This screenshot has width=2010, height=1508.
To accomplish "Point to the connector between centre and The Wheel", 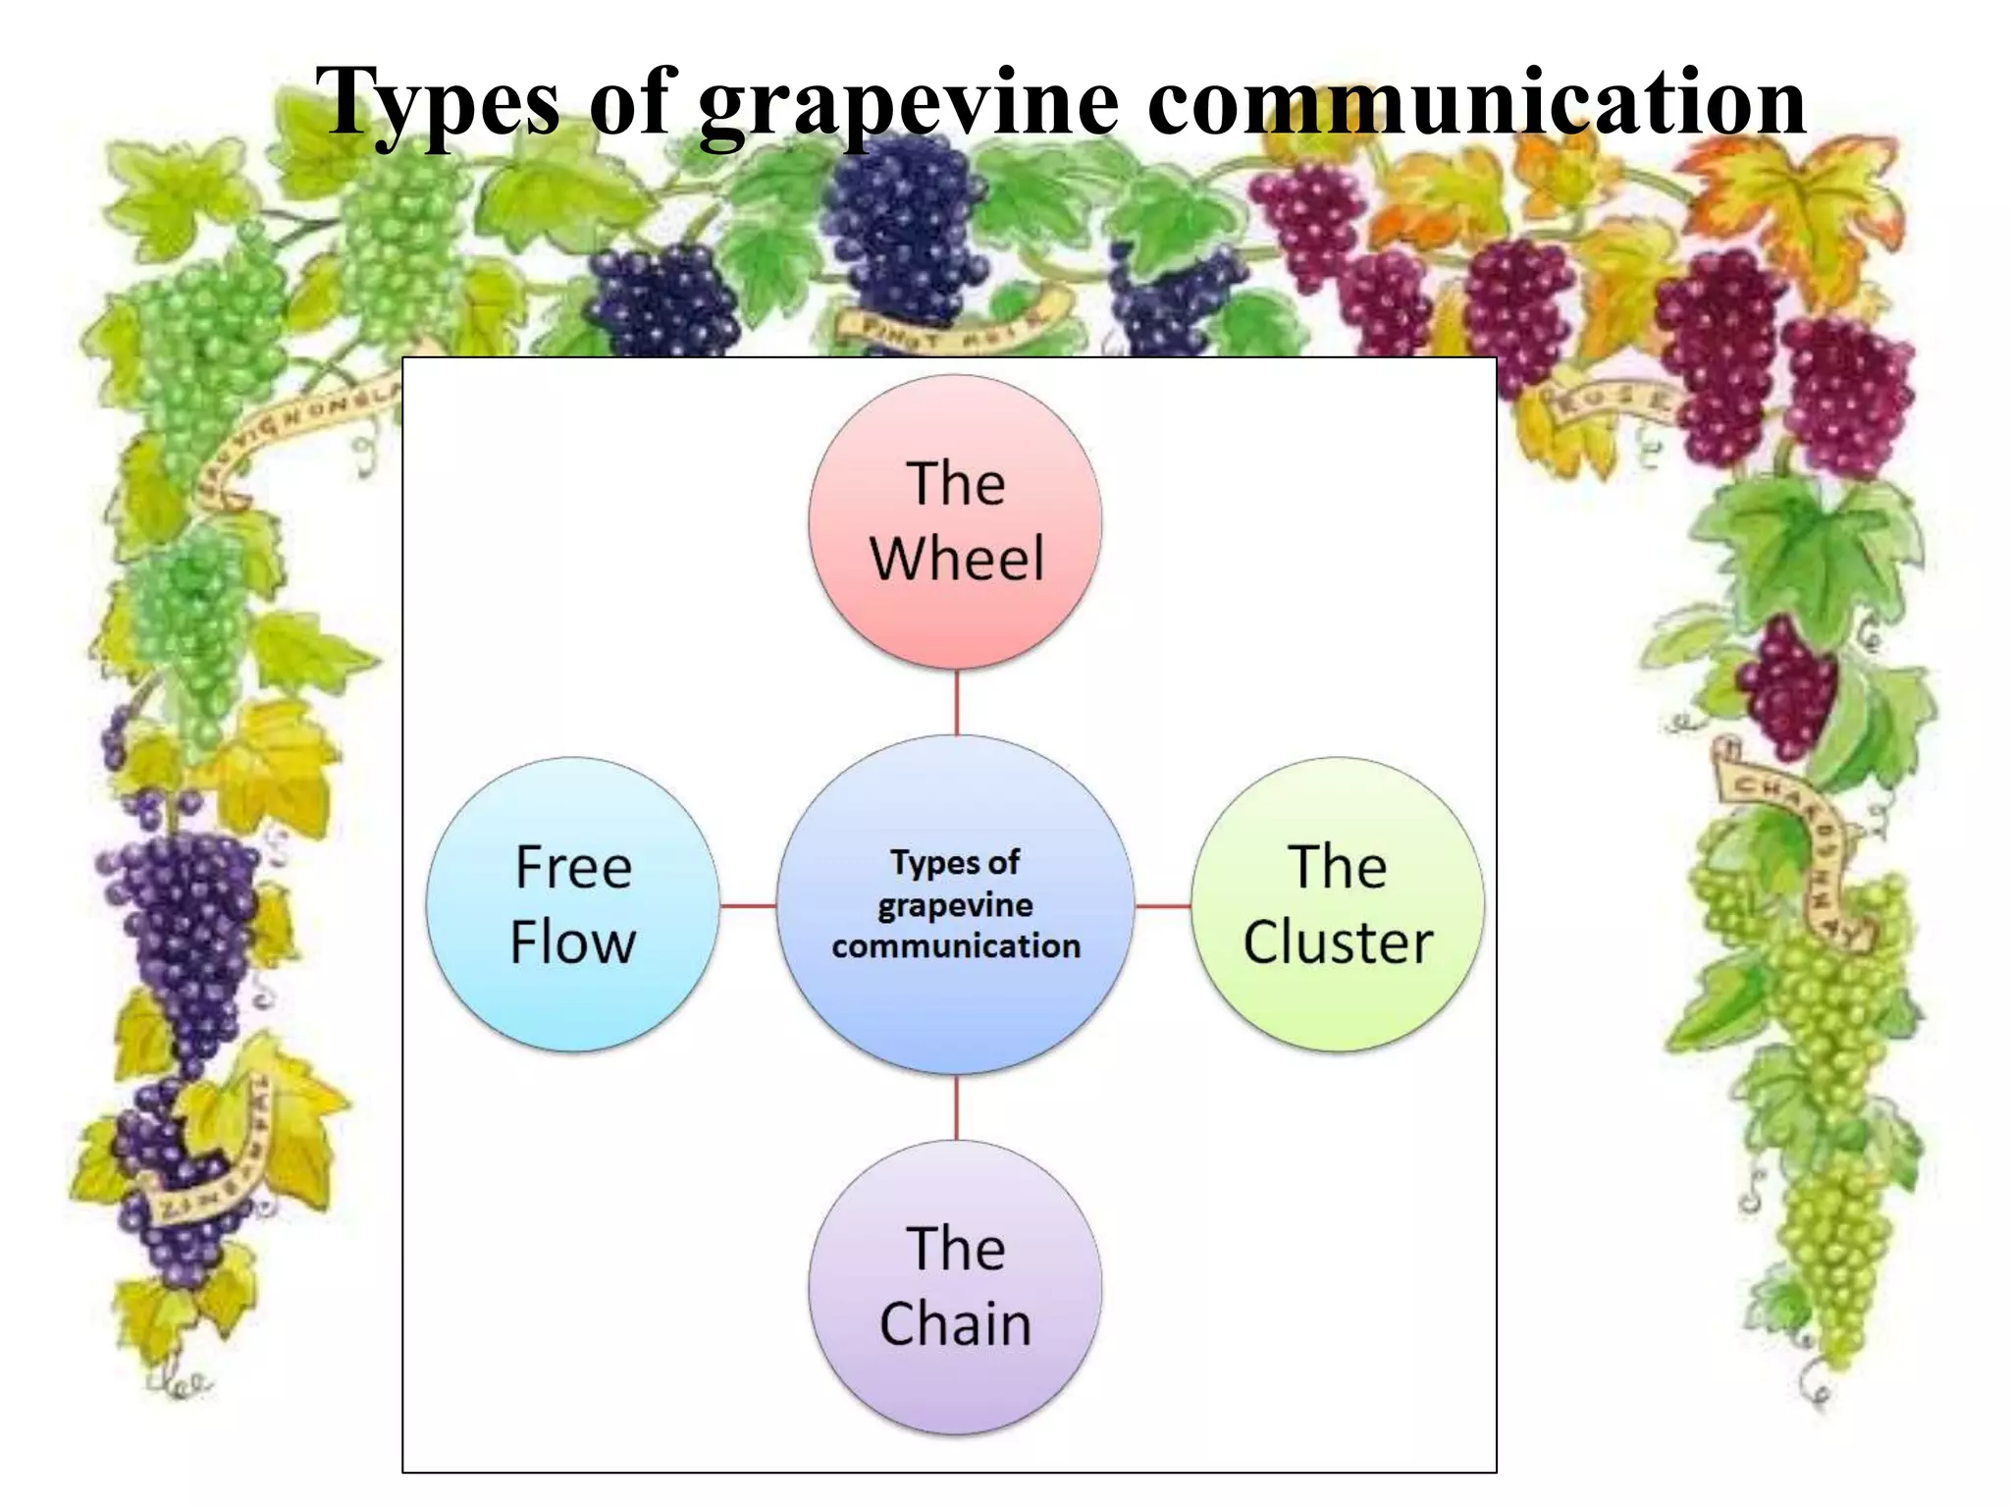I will pyautogui.click(x=956, y=703).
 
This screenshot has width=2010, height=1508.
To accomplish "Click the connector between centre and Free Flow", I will pyautogui.click(x=748, y=905).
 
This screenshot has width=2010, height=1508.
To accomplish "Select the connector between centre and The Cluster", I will pyautogui.click(x=1163, y=905).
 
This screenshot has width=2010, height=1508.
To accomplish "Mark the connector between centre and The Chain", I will pyautogui.click(x=956, y=1107).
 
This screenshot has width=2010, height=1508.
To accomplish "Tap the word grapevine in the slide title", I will pyautogui.click(x=909, y=103).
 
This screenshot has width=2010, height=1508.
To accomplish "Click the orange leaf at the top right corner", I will pyautogui.click(x=1806, y=211).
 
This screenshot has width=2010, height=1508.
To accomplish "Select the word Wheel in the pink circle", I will pyautogui.click(x=957, y=560).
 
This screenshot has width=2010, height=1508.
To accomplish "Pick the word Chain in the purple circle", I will pyautogui.click(x=955, y=1324).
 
